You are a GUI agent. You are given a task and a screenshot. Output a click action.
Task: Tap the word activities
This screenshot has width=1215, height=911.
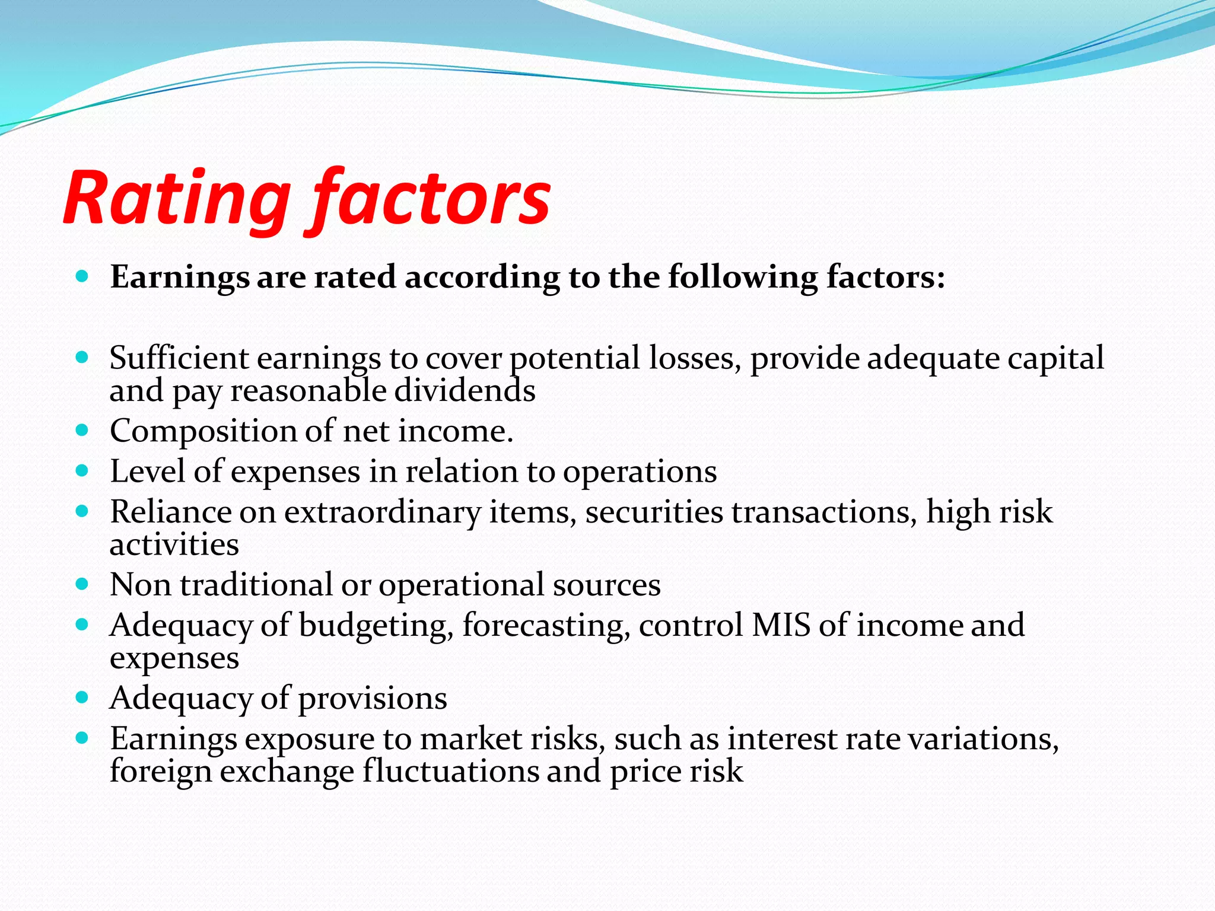174,544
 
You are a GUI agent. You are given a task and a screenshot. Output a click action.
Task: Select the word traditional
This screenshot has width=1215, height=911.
256,585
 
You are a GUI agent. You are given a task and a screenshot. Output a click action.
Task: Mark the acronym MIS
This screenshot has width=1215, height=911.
781,625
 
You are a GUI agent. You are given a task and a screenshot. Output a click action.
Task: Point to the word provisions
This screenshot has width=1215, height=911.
372,699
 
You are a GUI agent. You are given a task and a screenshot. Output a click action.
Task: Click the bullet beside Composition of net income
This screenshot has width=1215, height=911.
82,430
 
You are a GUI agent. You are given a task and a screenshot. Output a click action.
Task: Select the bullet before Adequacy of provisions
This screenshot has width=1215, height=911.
82,697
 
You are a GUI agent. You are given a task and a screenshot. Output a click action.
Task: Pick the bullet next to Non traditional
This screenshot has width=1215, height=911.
82,584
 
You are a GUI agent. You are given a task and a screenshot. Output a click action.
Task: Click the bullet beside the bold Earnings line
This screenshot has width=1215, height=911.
82,276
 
